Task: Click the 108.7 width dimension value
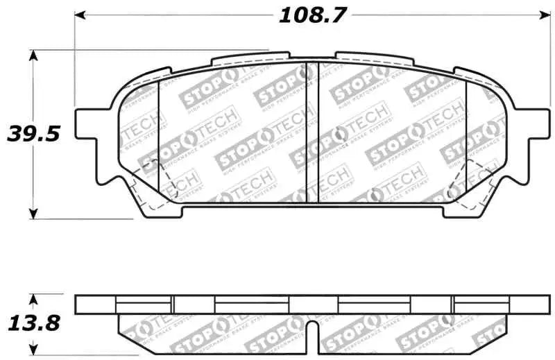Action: coord(312,15)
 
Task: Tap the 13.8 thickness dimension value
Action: coord(33,322)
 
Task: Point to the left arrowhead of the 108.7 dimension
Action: coord(79,15)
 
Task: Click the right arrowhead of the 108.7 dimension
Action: coord(544,15)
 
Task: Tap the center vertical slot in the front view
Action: coord(311,132)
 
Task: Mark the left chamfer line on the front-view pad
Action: coord(159,139)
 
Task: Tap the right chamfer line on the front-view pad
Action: coord(466,139)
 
